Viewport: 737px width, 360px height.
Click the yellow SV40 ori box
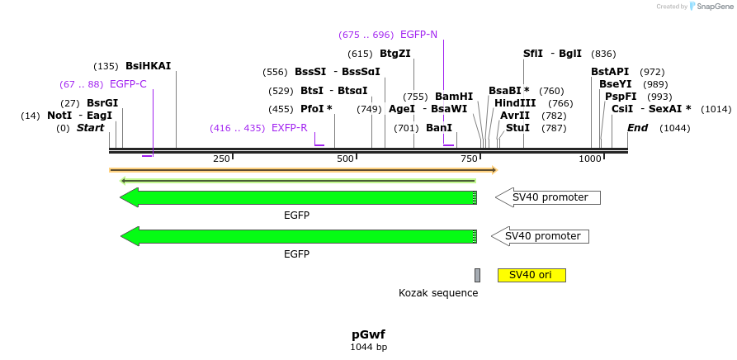pyautogui.click(x=531, y=275)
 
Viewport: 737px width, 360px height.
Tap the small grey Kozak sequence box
pyautogui.click(x=477, y=275)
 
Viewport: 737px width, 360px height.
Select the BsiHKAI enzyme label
pyautogui.click(x=148, y=66)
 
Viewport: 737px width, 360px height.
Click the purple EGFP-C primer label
pyautogui.click(x=128, y=84)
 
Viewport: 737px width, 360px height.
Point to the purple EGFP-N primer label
pyautogui.click(x=418, y=35)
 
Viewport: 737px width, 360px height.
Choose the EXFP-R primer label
pyautogui.click(x=289, y=128)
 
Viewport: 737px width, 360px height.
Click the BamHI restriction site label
pyautogui.click(x=453, y=97)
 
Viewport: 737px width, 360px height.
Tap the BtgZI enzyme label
pyautogui.click(x=395, y=54)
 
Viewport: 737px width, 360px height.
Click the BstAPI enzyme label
pyautogui.click(x=610, y=72)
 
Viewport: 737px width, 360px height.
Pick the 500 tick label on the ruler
pyautogui.click(x=345, y=159)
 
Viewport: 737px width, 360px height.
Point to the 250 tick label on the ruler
pyautogui.click(x=221, y=159)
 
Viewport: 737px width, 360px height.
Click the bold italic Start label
pyautogui.click(x=91, y=128)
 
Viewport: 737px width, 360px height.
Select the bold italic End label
pyautogui.click(x=637, y=128)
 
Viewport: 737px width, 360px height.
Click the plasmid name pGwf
pyautogui.click(x=368, y=334)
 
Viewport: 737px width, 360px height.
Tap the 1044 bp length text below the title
pyautogui.click(x=368, y=348)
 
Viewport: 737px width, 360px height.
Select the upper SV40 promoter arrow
pyautogui.click(x=548, y=197)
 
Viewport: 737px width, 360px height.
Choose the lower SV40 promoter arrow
pyautogui.click(x=541, y=236)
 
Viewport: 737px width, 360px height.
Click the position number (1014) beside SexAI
pyautogui.click(x=716, y=109)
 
